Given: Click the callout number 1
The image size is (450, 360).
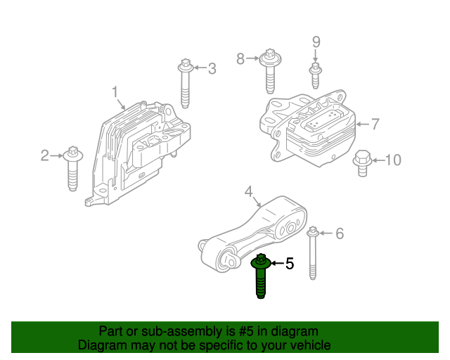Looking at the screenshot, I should (x=115, y=92).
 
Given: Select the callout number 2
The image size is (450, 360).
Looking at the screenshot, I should (x=45, y=155).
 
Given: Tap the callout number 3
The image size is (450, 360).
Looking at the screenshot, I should (x=211, y=68).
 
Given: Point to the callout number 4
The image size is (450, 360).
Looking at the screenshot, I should (x=248, y=191).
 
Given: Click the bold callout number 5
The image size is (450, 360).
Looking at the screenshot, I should (x=289, y=264).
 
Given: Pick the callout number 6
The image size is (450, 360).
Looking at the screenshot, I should (x=340, y=233).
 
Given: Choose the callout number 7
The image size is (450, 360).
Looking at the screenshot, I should (x=375, y=124).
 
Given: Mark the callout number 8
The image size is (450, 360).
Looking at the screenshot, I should (x=240, y=58).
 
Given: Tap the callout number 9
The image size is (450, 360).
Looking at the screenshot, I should (x=316, y=42).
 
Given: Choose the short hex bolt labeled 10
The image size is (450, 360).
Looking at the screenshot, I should (x=361, y=162).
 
